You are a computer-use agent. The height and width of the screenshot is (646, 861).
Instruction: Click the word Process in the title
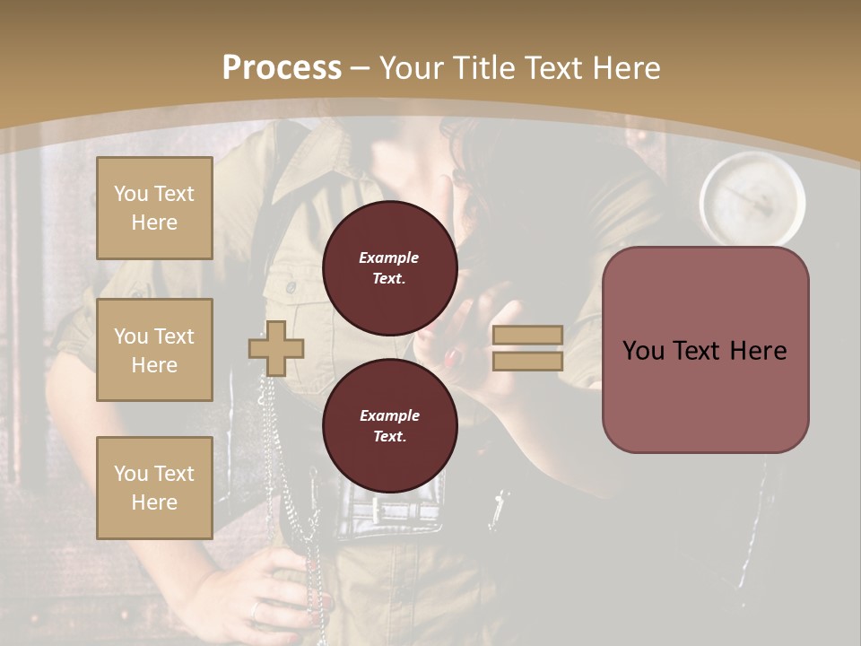282,67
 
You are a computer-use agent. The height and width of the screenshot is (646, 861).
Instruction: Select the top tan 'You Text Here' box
154,208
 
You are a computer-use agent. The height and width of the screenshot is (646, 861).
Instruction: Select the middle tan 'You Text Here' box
154,350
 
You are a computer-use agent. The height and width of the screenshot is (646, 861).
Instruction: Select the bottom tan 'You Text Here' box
154,487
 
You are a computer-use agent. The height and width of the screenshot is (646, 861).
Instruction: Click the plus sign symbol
276,348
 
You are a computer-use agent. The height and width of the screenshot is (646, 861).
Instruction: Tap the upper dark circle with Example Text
389,268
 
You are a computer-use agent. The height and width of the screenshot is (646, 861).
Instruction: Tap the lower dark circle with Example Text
389,425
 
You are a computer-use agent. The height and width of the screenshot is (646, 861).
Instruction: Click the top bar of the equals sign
527,335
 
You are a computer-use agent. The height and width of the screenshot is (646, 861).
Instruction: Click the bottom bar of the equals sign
527,361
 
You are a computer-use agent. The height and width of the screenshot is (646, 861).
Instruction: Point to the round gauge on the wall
752,199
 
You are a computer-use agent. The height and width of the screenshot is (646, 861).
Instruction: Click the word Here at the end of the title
628,67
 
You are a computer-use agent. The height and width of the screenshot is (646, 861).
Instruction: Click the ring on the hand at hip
256,612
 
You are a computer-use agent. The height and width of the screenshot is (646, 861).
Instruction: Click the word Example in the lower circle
389,415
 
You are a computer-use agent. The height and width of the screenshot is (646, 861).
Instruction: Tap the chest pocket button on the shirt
291,287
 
